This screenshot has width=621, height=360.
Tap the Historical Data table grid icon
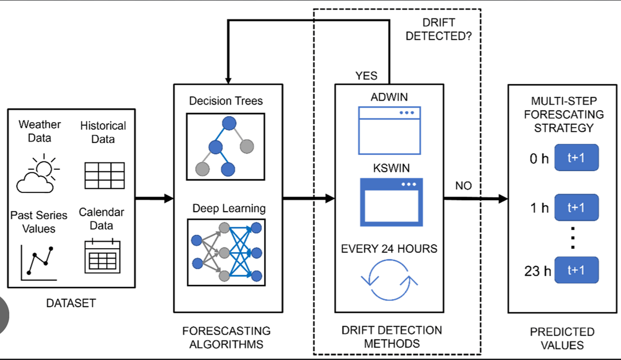coord(104,175)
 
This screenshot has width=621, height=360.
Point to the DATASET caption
coord(71,302)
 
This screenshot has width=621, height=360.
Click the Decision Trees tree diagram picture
coord(225,146)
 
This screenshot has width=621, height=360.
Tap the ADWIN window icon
coord(389,130)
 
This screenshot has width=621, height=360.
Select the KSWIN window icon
coord(391,202)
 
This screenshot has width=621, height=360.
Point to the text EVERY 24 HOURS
coord(389,249)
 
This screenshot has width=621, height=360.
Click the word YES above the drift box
coord(366,76)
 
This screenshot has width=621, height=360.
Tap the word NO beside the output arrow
coord(463,186)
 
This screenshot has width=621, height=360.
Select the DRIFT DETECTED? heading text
coord(439,30)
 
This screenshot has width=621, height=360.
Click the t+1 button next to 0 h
coord(576,158)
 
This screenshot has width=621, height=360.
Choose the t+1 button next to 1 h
coord(576,207)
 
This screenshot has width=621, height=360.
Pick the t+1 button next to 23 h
coord(576,271)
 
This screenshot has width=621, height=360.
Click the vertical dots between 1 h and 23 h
coord(573,237)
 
